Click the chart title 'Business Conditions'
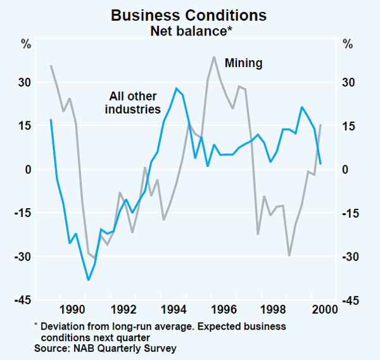[189, 15]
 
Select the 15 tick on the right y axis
[348, 126]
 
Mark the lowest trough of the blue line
[89, 279]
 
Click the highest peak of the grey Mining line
[214, 57]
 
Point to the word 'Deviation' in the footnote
[61, 326]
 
